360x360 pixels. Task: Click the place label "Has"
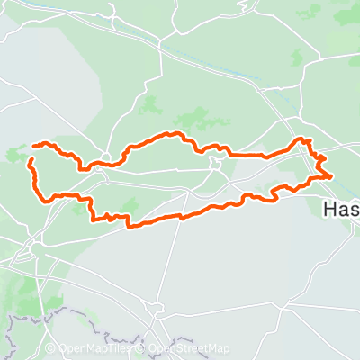point(340,209)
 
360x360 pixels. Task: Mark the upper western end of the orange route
point(34,145)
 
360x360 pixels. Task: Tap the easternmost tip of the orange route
point(332,176)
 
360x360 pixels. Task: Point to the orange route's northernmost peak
point(168,133)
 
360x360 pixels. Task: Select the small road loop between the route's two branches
point(214,163)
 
